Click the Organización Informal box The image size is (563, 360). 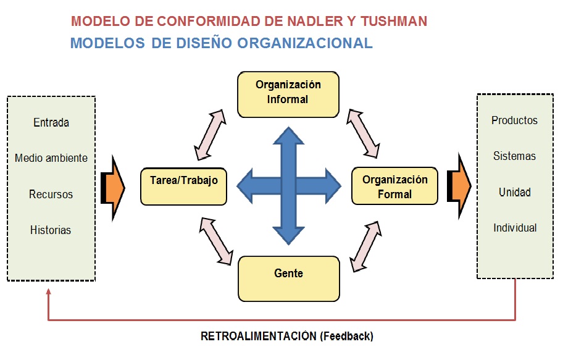click(x=288, y=93)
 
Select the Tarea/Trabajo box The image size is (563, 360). click(x=183, y=185)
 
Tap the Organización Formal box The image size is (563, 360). click(x=394, y=186)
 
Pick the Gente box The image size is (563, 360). click(x=288, y=278)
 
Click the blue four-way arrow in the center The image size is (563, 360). click(x=289, y=185)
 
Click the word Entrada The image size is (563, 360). click(x=51, y=122)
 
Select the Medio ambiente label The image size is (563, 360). click(x=51, y=158)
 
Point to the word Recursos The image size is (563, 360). click(x=51, y=195)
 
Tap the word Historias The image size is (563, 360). click(x=51, y=230)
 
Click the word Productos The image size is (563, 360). click(x=514, y=120)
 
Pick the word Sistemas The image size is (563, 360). click(x=514, y=156)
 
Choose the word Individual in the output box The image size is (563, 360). click(x=515, y=228)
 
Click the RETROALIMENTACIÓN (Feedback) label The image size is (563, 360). click(x=287, y=337)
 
